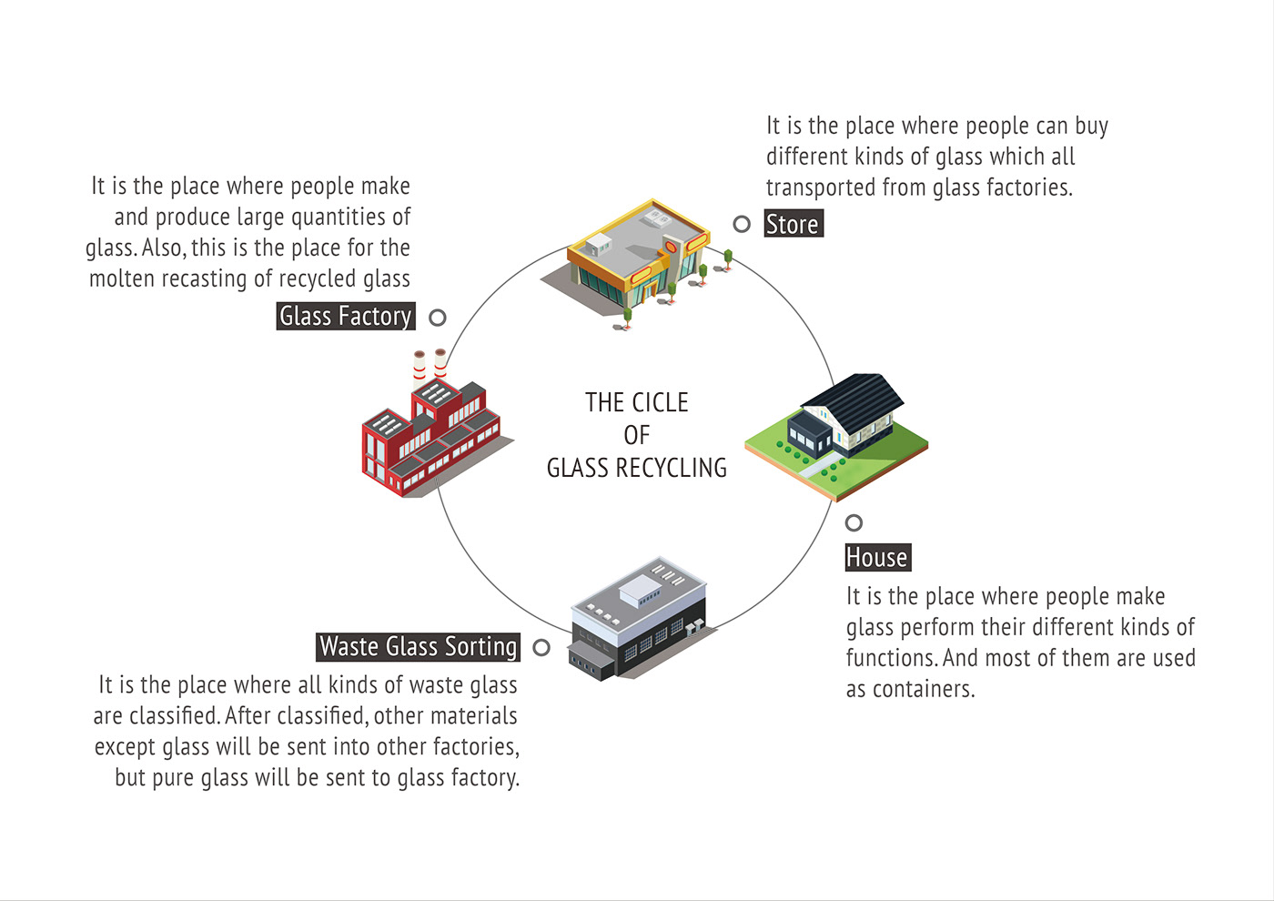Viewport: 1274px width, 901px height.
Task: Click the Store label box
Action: [x=794, y=224]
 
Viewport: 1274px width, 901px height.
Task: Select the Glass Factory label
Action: [x=346, y=316]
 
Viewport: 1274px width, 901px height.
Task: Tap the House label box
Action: [x=877, y=557]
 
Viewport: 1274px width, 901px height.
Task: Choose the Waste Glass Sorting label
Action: [x=419, y=646]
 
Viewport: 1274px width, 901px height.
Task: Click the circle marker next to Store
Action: [x=742, y=224]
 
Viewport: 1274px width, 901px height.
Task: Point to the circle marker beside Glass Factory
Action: [x=438, y=318]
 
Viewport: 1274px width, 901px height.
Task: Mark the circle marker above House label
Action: [x=854, y=522]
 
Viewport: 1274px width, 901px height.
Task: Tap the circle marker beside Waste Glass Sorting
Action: [x=541, y=647]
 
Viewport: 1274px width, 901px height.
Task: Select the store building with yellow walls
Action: [x=637, y=255]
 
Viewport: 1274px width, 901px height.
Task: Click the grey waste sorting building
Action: [x=637, y=619]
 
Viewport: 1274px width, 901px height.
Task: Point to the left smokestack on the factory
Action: [x=419, y=369]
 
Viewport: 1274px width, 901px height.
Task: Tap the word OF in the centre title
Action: [x=637, y=435]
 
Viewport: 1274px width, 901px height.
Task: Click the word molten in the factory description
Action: [x=123, y=278]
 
